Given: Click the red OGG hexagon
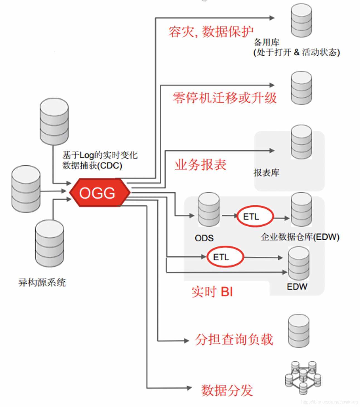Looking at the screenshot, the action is (99, 193).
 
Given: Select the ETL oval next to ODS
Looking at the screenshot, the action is (255, 216).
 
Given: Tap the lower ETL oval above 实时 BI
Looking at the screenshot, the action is (225, 257).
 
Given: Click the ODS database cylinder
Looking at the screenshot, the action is (209, 209).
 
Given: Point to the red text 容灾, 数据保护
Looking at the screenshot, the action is (211, 31).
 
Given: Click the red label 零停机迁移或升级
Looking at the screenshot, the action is (225, 98).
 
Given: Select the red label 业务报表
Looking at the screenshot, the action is (200, 165).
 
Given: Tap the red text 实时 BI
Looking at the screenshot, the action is (212, 292).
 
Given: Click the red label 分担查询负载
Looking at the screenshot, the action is (234, 339).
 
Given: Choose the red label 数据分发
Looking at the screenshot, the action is (227, 390).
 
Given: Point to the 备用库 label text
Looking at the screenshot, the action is (266, 42).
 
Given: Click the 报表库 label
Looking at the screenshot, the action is (266, 173).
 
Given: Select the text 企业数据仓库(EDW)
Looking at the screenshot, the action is (300, 237).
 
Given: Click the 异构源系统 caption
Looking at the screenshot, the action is (42, 282).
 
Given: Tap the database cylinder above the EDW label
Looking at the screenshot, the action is (299, 263).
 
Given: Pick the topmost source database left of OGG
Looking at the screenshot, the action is (54, 121).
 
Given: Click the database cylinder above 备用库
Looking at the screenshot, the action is (301, 20).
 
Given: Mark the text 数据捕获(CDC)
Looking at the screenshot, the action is (92, 165).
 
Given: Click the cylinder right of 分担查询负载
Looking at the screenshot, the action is (299, 331).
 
